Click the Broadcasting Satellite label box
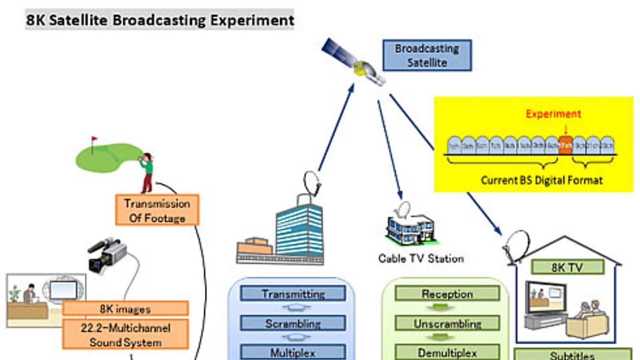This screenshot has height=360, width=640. click(427, 56)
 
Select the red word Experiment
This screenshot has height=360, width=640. click(553, 114)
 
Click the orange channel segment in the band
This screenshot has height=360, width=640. click(566, 146)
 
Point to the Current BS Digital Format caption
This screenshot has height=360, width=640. click(542, 180)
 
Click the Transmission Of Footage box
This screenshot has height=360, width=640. click(157, 210)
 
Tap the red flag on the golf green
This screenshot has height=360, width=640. click(94, 139)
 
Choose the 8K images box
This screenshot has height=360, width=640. click(125, 309)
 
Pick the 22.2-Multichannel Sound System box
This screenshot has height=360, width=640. click(125, 335)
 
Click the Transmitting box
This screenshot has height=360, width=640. click(293, 294)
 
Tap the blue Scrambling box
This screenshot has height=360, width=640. click(293, 323)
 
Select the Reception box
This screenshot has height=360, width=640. click(447, 294)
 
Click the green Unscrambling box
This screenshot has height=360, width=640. click(447, 323)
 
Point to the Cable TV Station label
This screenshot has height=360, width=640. click(421, 259)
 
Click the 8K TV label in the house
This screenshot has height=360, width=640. click(567, 267)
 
